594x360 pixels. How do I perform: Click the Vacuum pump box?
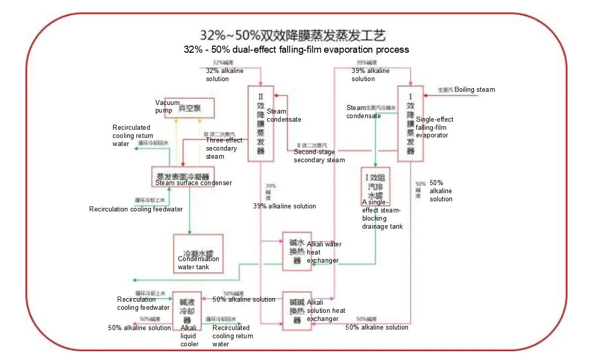tap(189, 108)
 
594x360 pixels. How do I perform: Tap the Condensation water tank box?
tap(198, 253)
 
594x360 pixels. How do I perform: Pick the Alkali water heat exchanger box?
tap(297, 251)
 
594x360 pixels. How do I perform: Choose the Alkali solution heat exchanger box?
tap(297, 311)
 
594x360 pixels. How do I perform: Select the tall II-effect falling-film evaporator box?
tap(261, 124)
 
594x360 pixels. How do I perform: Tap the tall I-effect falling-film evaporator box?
tap(410, 124)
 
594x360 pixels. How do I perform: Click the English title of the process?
tap(296, 50)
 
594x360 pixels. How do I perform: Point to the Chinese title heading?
tap(293, 35)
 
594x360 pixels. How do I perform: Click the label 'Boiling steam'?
tap(474, 90)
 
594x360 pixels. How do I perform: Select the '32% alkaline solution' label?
tap(224, 75)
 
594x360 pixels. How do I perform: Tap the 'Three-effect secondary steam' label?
tap(224, 148)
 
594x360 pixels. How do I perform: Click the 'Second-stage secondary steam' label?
tap(319, 156)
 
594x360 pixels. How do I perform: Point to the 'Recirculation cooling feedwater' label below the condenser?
tap(135, 209)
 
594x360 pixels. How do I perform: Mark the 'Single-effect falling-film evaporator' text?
tap(434, 127)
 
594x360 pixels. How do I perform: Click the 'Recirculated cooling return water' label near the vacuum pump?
tap(131, 135)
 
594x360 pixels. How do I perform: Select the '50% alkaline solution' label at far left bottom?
tap(139, 328)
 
